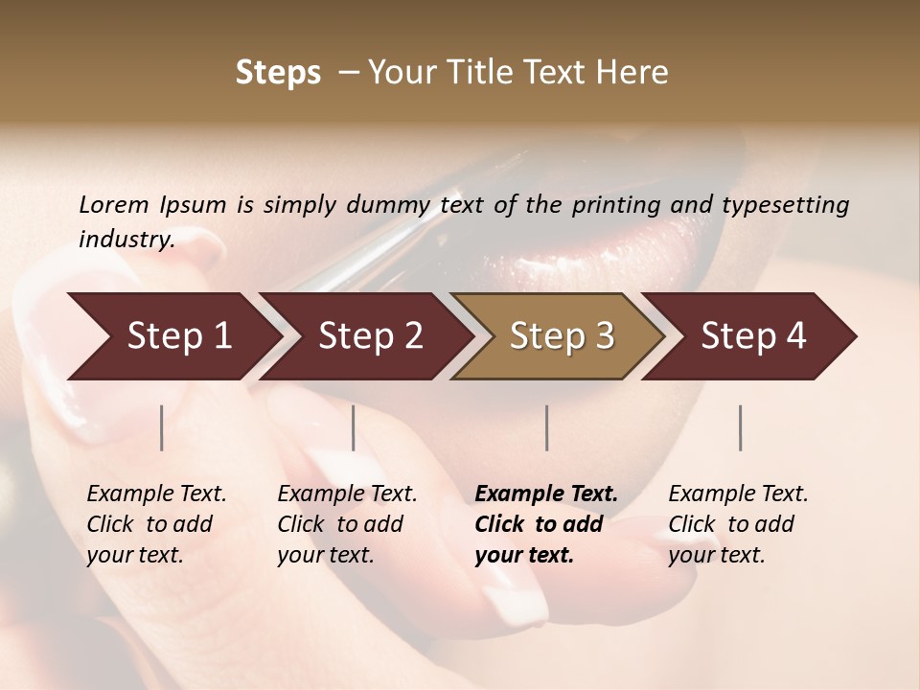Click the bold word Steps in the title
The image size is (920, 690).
click(x=278, y=73)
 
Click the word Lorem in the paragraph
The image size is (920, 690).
click(x=113, y=205)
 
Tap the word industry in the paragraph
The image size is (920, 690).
click(x=126, y=240)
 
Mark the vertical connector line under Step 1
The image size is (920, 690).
click(x=162, y=427)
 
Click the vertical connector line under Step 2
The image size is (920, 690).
click(x=354, y=427)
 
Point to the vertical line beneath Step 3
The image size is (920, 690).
click(x=547, y=427)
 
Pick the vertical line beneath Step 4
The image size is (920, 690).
click(x=741, y=427)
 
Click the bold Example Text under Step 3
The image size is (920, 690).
click(x=546, y=494)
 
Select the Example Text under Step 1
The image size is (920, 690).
click(x=156, y=494)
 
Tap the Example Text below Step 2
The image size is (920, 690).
click(x=347, y=494)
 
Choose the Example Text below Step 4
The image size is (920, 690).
click(x=738, y=494)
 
